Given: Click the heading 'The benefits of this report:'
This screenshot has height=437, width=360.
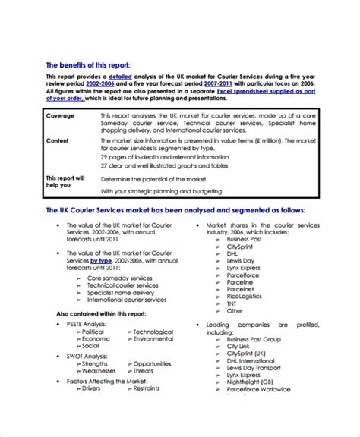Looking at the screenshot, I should pos(93,65).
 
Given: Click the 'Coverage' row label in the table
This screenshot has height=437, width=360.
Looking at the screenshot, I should pos(61,115).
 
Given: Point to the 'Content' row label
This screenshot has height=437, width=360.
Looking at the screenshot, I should pos(58,140).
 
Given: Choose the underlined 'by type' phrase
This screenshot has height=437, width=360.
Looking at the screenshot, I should pos(102,259).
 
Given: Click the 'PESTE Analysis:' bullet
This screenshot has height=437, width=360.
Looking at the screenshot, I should pos(85,302).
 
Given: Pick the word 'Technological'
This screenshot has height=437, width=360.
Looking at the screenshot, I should pos(153,310).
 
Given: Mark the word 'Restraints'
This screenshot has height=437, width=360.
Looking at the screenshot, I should pos(146,388).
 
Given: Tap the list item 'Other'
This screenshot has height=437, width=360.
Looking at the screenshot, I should pos(235,289).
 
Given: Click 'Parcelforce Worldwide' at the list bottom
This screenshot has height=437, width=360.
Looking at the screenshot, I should pos(258,389).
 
